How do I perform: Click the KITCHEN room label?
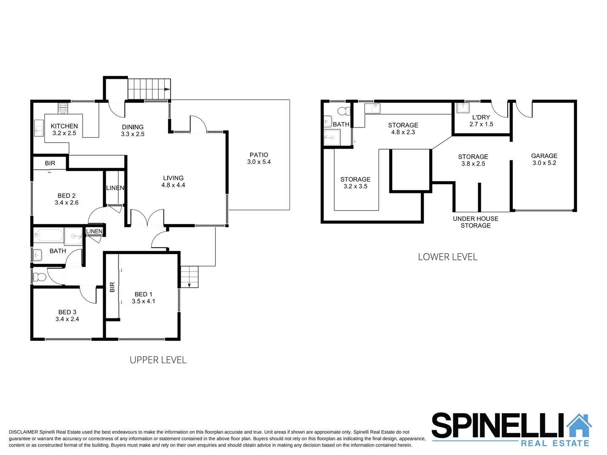coord(64,129)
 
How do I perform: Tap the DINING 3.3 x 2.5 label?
coord(133,131)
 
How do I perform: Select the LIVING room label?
coord(173,182)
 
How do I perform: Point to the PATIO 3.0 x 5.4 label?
coord(259,158)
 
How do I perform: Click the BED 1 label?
coord(143,297)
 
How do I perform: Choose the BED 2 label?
coord(67,199)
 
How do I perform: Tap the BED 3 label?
coord(67,316)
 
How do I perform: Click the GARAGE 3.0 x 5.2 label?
coord(544,159)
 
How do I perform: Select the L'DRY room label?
coord(481,120)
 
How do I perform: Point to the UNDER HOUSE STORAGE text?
coord(476,222)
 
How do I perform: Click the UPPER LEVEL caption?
coord(158,360)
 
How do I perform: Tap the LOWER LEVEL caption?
coord(447,257)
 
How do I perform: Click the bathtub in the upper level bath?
coord(48,235)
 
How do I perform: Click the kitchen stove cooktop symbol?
coord(62,109)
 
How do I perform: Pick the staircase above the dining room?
coord(149,89)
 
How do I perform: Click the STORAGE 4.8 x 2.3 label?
coord(403,128)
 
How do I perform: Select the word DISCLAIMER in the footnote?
coord(23,432)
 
